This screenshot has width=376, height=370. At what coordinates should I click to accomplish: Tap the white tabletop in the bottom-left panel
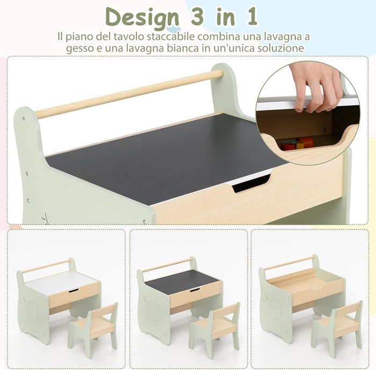point(62,282)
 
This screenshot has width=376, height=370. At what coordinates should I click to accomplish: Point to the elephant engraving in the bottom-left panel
point(32,311)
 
